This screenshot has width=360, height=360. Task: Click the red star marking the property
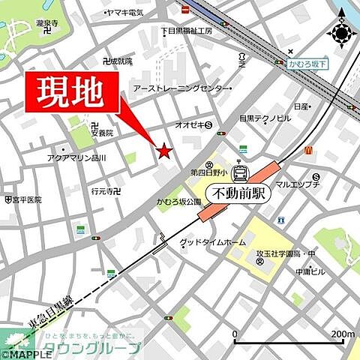click(x=164, y=152)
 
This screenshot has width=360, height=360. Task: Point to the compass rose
click(x=341, y=34)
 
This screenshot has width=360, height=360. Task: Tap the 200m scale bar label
click(x=342, y=334)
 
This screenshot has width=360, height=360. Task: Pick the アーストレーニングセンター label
click(x=183, y=88)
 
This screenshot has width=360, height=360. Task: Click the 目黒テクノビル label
click(x=265, y=118)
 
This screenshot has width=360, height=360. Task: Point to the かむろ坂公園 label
click(x=178, y=202)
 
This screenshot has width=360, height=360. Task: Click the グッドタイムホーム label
click(x=213, y=243)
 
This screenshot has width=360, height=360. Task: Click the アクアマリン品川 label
click(x=76, y=158)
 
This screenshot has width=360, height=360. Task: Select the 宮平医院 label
click(x=26, y=200)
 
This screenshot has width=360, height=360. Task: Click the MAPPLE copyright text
click(x=26, y=354)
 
